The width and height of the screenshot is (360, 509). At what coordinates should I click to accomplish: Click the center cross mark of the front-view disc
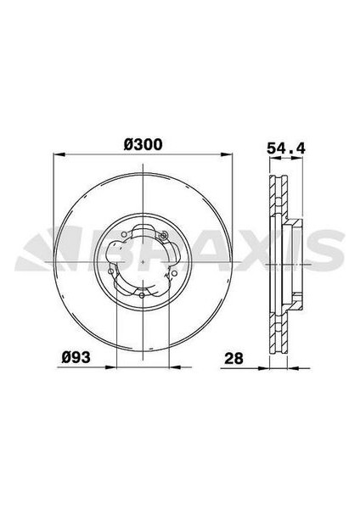click(x=143, y=261)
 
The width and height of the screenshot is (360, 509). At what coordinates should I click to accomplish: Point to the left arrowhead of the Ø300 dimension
click(x=57, y=155)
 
